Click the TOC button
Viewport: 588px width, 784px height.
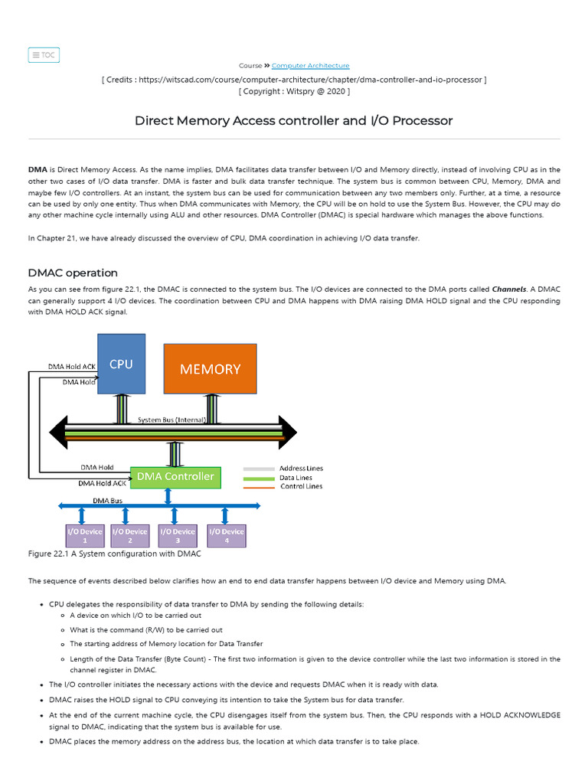tap(44, 55)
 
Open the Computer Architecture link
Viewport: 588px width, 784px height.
tap(310, 66)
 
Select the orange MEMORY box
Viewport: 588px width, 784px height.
tap(210, 368)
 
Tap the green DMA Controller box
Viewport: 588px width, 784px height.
tap(175, 477)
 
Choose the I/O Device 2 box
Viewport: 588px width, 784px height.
tap(130, 535)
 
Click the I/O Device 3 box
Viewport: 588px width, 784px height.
tap(178, 535)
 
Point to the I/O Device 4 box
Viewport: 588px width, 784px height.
tap(226, 535)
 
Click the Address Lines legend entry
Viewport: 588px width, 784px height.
tap(301, 469)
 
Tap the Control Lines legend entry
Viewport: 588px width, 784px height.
tap(301, 487)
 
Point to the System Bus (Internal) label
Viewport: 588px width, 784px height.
tap(172, 420)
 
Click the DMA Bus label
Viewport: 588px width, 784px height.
tap(108, 501)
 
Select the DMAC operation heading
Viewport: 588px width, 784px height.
tap(73, 273)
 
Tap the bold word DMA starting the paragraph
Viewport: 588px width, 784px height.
tap(38, 170)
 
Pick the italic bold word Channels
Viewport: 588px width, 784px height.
tap(508, 290)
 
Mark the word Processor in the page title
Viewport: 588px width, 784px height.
tap(420, 121)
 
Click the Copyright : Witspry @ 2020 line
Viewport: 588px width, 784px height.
tap(294, 91)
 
